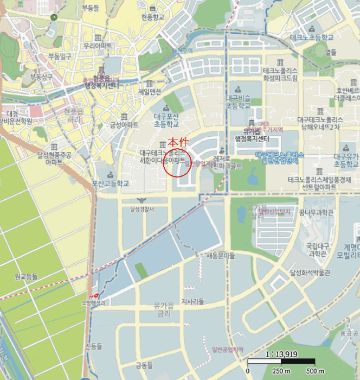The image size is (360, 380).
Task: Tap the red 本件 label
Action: click(178, 142)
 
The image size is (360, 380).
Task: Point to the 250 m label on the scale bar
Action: click(280, 371)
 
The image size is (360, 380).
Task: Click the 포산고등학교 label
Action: click(111, 183)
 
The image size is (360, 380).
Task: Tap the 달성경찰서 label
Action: click(142, 208)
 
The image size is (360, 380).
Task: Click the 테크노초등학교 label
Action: click(311, 37)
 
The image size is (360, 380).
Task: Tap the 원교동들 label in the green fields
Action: click(27, 277)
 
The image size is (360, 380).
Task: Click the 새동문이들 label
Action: click(220, 255)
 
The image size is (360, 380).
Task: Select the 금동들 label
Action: click(145, 365)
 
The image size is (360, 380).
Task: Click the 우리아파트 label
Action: click(98, 46)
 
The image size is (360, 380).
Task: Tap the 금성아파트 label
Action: click(124, 125)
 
